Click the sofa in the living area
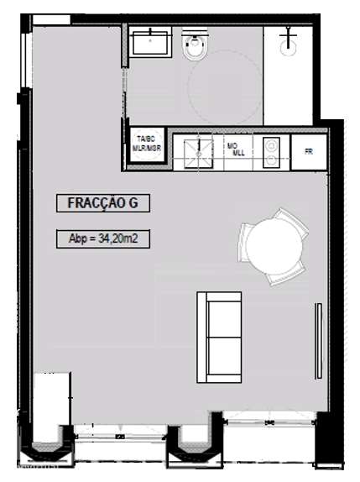pos(219,336)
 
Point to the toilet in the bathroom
pos(195,48)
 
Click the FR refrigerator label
pos(309,151)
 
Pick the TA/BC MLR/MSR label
pos(146,144)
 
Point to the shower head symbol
pos(290,38)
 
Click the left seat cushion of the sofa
pos(219,315)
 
